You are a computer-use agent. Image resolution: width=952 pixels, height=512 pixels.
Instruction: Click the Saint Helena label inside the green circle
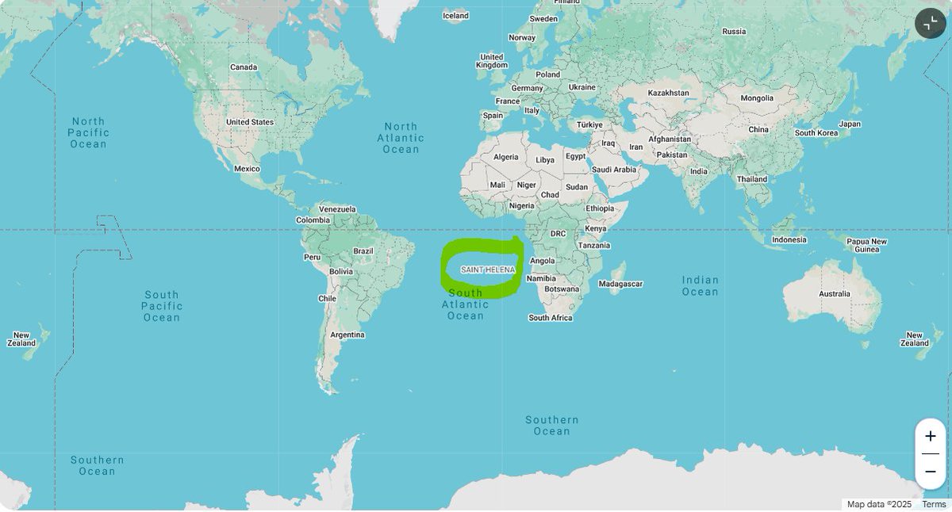coord(488,270)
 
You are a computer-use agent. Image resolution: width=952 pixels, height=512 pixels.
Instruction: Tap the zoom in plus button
coord(930,437)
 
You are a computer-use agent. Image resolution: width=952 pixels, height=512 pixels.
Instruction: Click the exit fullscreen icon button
coord(931,23)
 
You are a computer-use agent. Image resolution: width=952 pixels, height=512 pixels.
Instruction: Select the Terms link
coord(934,504)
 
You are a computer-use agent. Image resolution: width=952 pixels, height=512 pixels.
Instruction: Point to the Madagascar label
coord(620,284)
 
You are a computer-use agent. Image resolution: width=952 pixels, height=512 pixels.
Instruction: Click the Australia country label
coord(834,294)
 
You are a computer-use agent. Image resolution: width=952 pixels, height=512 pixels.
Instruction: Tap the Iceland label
coord(455,16)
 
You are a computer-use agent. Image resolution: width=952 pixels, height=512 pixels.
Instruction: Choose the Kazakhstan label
coord(668,93)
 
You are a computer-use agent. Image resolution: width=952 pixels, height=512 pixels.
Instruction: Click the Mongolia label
coord(756,98)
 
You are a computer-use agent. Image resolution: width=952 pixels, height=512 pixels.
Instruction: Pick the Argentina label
coord(347,334)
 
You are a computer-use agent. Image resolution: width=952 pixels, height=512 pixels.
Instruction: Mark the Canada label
coord(244,67)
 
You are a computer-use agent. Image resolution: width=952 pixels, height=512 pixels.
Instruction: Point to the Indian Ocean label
coord(700,285)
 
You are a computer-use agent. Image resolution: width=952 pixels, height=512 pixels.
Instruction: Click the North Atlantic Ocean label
coord(401,138)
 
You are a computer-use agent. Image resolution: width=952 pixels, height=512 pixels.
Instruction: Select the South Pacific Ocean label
coord(162,306)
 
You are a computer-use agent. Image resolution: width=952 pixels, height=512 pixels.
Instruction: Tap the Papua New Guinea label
coord(866,245)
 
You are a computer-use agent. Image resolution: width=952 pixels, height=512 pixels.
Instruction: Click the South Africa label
coord(551,318)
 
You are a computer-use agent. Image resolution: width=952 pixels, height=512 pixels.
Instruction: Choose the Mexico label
coord(247,169)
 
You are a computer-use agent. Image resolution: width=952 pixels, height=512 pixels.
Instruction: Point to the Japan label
coord(850,124)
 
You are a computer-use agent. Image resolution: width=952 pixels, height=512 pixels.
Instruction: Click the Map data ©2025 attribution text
coord(879,504)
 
